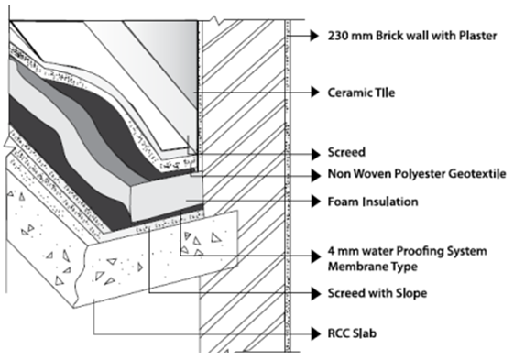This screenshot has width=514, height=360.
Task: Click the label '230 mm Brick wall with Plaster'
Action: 412,36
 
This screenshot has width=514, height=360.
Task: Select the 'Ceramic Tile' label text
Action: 361,93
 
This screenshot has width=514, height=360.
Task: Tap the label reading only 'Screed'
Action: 346,152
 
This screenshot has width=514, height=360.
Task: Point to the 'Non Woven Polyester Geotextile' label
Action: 417,173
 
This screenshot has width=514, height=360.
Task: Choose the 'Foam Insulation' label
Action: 373,202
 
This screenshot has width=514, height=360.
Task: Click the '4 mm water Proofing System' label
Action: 407,251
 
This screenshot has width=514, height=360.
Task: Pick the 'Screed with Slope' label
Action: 377,293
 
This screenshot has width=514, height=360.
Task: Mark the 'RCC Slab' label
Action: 352,333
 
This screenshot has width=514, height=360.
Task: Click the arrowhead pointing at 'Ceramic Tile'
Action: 315,93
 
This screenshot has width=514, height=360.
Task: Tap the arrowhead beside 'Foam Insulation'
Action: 315,201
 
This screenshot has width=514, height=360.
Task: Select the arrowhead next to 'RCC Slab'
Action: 315,333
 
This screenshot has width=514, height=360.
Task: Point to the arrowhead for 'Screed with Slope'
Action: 315,293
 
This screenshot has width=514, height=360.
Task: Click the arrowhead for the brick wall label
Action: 315,36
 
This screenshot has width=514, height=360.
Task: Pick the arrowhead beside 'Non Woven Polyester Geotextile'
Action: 315,175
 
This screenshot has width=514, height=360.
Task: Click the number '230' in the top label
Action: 338,36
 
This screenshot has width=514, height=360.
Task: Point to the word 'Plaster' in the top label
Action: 478,36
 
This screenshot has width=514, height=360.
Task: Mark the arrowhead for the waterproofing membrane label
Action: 315,256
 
